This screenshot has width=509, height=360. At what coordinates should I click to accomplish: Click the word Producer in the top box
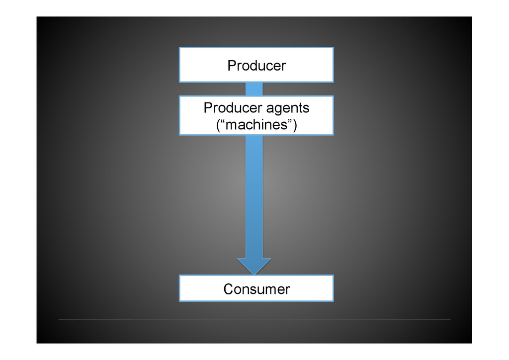pos(256,66)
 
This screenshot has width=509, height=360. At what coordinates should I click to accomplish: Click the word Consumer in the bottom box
pos(256,289)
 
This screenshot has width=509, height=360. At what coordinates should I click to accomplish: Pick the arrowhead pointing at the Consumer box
pos(254,266)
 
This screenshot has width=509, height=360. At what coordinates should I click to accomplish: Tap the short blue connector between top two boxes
pos(254,89)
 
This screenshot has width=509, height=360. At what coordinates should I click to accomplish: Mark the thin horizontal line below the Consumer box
pos(254,319)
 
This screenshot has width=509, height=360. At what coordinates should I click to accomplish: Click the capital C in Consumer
pos(228,289)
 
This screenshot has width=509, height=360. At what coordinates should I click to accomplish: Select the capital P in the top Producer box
pos(231,66)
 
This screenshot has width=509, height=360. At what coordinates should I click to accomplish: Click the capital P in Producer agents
pos(208,107)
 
